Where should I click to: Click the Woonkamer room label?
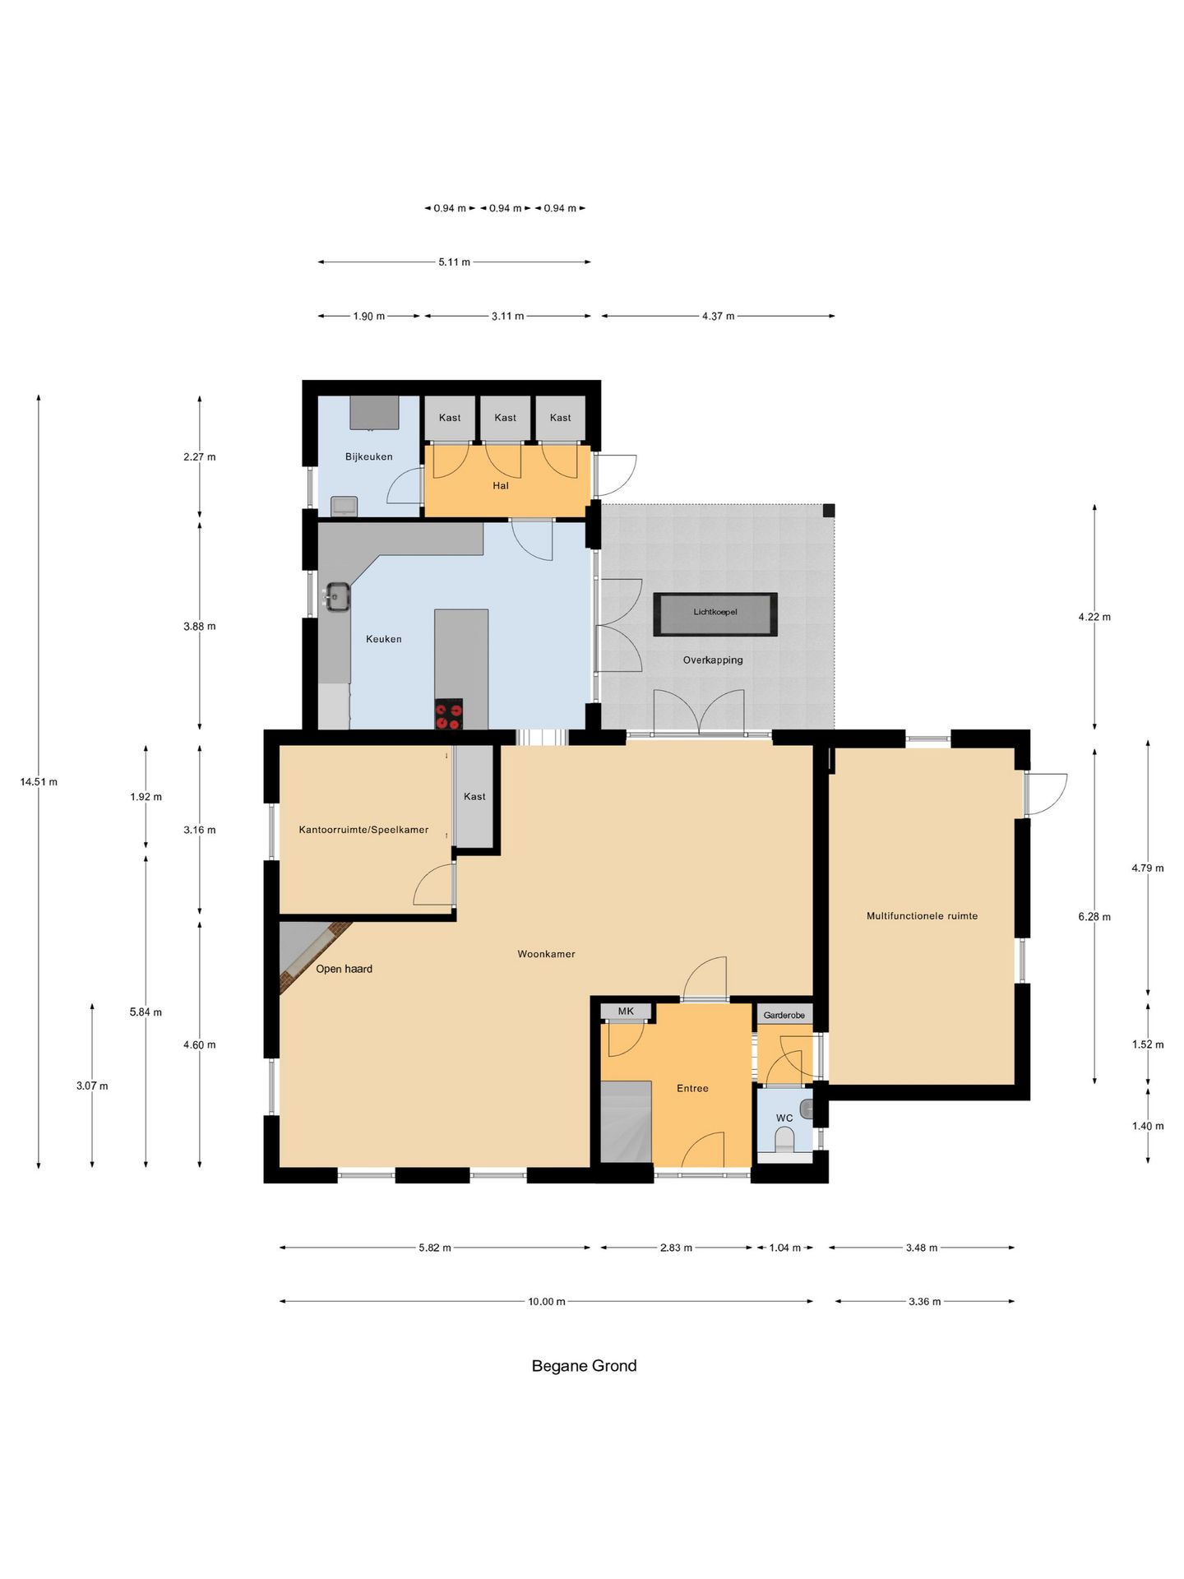point(546,954)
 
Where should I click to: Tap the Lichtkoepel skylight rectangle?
point(715,614)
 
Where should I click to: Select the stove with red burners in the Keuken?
point(448,713)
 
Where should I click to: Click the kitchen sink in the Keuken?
point(337,596)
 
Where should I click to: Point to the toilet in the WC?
point(785,1140)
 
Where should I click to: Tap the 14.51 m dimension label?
point(39,781)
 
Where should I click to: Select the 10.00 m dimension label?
point(547,1301)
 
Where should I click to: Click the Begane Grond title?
point(584,1365)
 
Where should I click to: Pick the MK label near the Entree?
point(626,1012)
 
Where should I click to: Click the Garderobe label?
point(784,1015)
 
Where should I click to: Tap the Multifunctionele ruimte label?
point(922,915)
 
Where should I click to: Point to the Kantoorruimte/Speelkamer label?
point(363,830)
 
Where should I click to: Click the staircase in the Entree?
point(626,1122)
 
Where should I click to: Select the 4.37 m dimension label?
point(718,316)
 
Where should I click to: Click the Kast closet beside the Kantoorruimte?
point(474,796)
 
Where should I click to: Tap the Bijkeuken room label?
point(368,456)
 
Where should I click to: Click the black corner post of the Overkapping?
point(829,510)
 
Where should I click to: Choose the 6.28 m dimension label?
point(1094,916)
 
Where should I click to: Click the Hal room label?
point(501,485)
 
